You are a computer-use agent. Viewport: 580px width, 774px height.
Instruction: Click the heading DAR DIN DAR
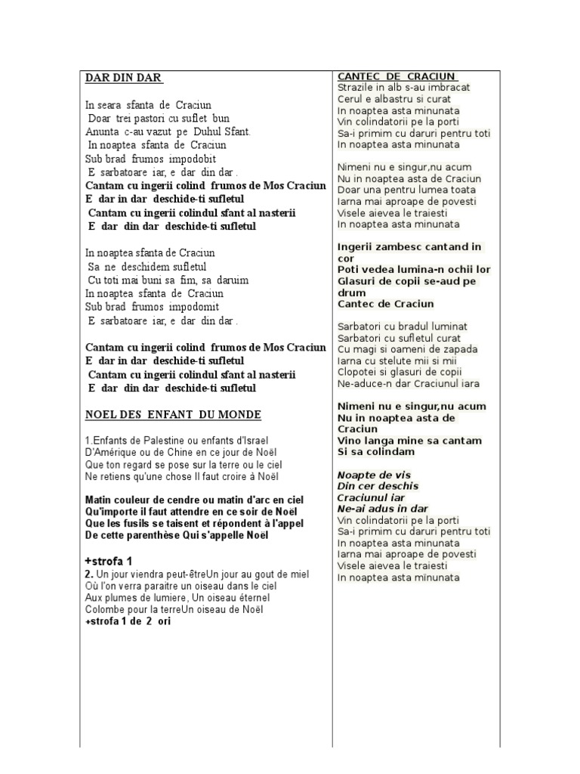point(123,78)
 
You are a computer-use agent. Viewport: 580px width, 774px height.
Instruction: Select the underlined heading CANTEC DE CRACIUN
point(396,76)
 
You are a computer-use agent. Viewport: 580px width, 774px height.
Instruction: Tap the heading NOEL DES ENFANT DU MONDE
point(173,415)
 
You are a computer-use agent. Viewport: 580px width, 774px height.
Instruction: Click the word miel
point(298,574)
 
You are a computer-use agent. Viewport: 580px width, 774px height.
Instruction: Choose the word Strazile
point(356,88)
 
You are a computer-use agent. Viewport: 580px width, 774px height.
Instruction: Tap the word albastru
point(392,99)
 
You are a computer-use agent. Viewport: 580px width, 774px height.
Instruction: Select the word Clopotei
point(359,372)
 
